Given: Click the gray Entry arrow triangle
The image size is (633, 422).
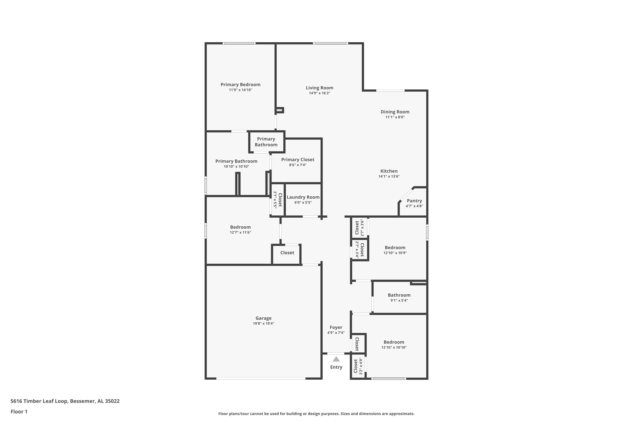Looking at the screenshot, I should [336, 359].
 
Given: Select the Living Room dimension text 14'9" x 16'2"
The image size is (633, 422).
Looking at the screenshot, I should [319, 93].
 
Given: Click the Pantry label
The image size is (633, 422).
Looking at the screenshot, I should [414, 201].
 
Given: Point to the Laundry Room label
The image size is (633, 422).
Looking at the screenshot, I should [303, 197].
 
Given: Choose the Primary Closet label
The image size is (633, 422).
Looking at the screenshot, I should [298, 160].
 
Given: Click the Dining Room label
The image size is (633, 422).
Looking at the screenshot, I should [395, 112].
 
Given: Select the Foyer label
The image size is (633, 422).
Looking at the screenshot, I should [336, 327].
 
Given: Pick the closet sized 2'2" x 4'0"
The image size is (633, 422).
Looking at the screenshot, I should [358, 366].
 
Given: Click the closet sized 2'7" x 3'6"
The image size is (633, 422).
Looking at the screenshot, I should [359, 228].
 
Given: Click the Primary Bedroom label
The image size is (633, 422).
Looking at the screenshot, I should [240, 85].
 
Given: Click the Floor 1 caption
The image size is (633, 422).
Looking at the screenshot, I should [19, 411].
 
